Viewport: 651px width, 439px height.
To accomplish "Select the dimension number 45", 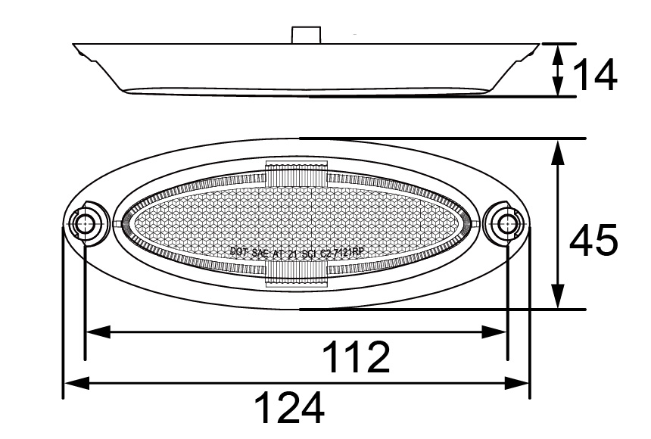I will tap(595, 241).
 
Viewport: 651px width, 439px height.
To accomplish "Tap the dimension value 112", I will tap(356, 357).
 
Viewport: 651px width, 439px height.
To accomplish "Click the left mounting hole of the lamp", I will tap(83, 224).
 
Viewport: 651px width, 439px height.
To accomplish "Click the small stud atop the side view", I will tap(307, 35).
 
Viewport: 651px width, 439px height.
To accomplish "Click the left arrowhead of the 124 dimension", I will tap(74, 384).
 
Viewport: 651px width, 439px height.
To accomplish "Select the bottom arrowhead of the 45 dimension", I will tap(559, 298).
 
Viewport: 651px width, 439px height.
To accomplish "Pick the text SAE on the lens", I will tap(260, 254).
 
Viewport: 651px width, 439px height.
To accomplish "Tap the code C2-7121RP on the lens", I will tap(343, 254).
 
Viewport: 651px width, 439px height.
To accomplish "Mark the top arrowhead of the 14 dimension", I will tap(559, 52).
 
